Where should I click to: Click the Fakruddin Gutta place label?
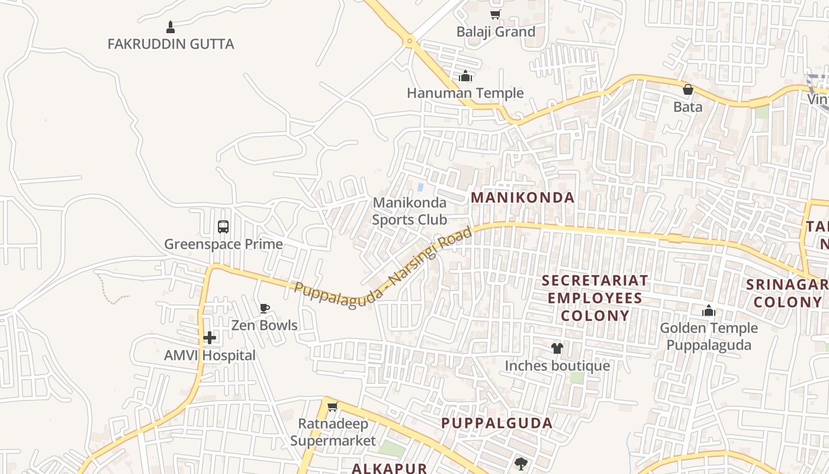[171, 44]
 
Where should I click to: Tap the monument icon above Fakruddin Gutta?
[171, 27]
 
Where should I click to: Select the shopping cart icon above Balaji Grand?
[495, 14]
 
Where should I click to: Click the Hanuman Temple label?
[465, 93]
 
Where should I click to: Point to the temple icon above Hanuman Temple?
[465, 76]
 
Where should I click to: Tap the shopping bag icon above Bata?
[687, 89]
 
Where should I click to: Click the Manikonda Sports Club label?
[409, 211]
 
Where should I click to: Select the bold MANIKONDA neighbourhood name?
[522, 198]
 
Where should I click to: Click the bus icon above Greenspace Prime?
[223, 226]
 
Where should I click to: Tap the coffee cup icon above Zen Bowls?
[264, 308]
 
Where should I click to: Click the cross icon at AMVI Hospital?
[210, 338]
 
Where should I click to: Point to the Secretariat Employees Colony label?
[595, 297]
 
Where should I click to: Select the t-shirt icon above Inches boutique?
[557, 348]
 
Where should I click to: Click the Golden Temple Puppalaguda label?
[708, 337]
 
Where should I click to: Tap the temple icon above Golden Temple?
[708, 310]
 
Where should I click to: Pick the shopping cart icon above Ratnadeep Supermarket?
[332, 407]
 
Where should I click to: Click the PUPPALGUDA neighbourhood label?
[497, 423]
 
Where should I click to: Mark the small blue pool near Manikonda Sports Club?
[420, 187]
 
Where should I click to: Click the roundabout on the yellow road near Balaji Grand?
[409, 41]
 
